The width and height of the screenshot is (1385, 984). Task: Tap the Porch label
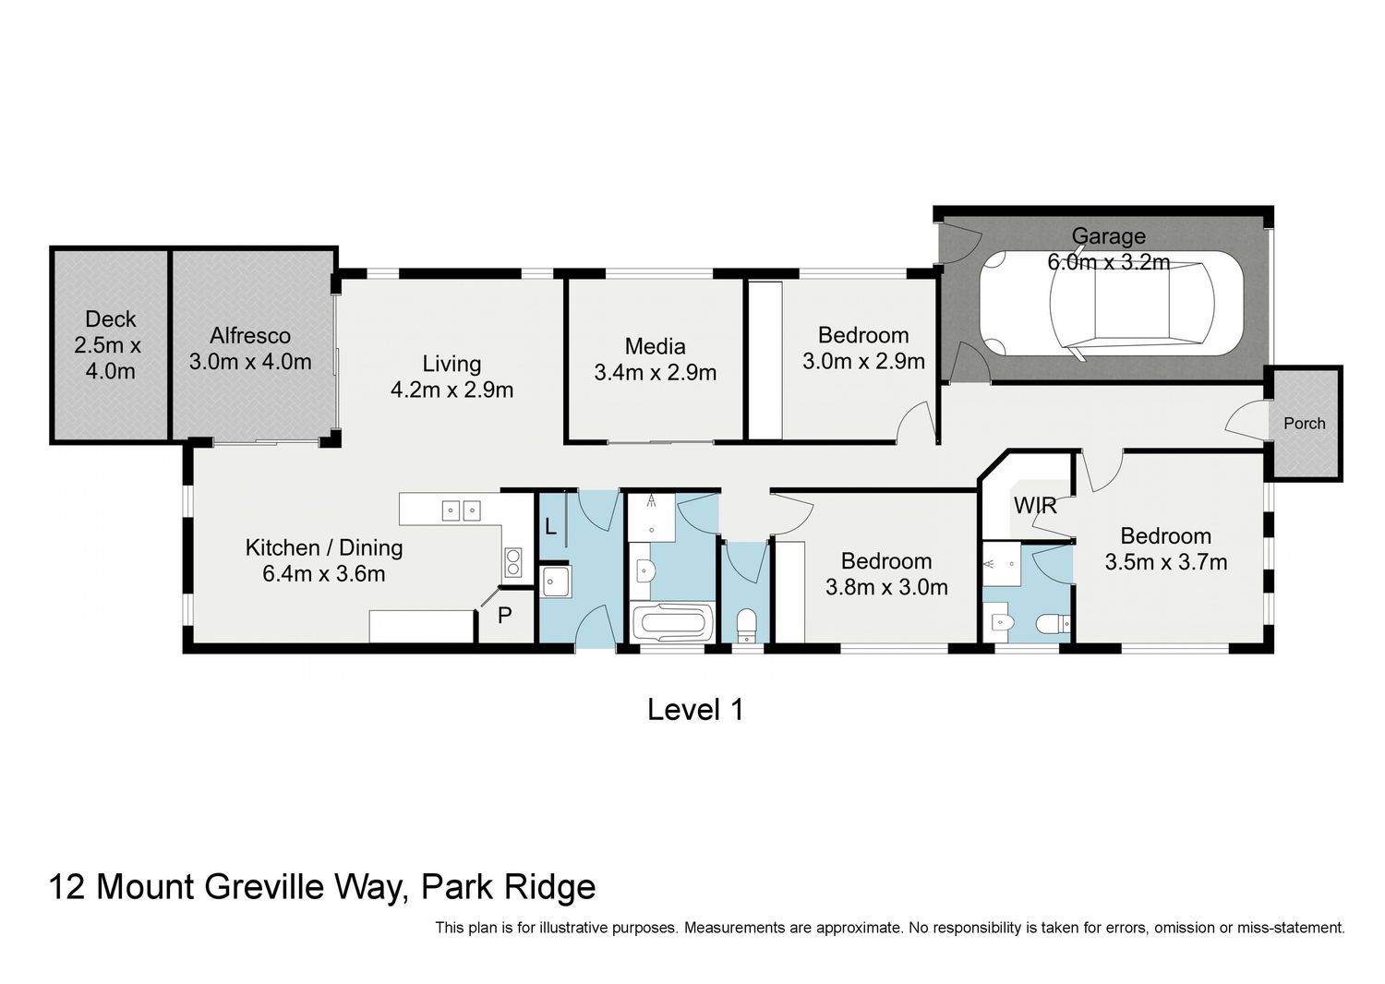click(x=1304, y=424)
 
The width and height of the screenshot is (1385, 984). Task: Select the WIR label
click(x=1035, y=506)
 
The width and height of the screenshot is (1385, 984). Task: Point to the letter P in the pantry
click(x=504, y=615)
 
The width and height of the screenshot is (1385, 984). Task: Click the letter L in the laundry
click(x=550, y=526)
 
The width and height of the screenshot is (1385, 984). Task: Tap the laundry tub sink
click(x=556, y=581)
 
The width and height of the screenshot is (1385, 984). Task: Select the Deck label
click(x=110, y=319)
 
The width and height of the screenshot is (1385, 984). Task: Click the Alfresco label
click(x=250, y=336)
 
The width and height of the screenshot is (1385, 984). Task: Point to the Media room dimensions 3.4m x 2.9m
click(x=656, y=373)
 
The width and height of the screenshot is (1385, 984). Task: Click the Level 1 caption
click(x=695, y=709)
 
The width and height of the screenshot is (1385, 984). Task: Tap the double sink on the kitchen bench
click(x=462, y=510)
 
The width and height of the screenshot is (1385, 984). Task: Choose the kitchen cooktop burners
click(x=512, y=562)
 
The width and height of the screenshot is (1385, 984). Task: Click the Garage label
click(x=1108, y=236)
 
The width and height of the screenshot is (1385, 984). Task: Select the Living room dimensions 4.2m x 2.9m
click(x=452, y=390)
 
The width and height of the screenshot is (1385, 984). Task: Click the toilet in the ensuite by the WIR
click(x=1053, y=624)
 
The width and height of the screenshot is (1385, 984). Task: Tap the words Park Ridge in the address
click(x=508, y=888)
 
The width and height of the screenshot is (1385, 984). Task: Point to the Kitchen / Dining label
click(x=324, y=547)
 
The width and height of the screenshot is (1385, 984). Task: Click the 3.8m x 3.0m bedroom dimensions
click(x=886, y=587)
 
